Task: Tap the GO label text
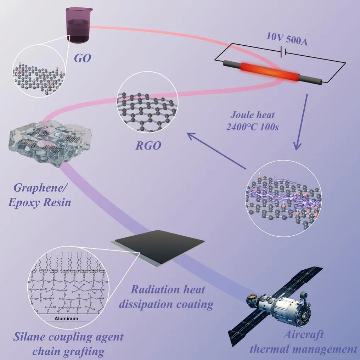[x=82, y=57]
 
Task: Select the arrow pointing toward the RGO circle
[x=216, y=150]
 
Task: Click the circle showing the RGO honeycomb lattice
[x=147, y=106]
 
